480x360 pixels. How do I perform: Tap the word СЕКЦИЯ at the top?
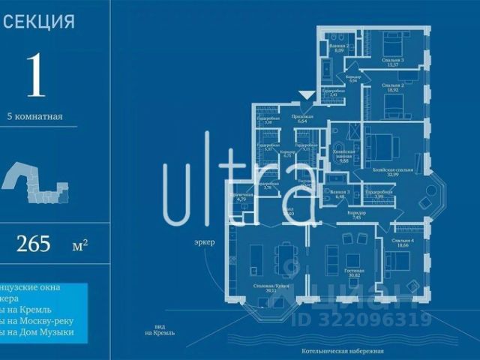pos(39,22)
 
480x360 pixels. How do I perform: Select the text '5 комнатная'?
pos(34,116)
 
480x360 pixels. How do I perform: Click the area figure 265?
pos(33,244)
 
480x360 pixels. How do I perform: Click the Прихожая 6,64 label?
pos(304,118)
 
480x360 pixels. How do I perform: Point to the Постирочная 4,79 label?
pos(241,196)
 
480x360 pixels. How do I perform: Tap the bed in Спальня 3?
pos(392,42)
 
